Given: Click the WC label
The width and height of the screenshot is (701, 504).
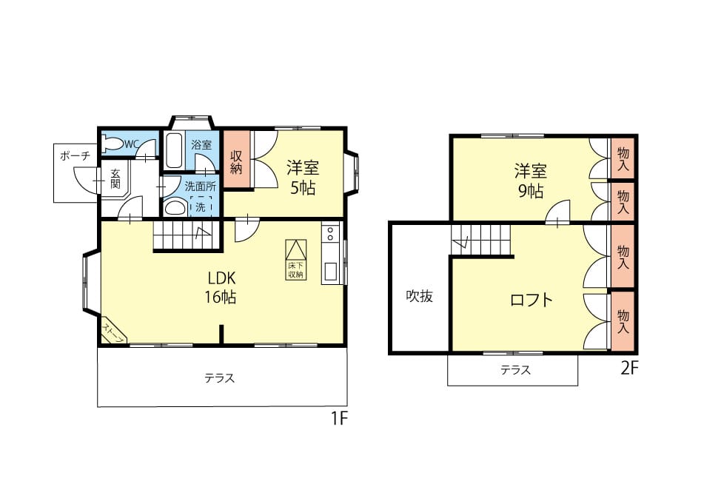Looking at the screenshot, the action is point(132,144).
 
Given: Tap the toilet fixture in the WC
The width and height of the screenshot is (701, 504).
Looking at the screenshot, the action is point(113,144).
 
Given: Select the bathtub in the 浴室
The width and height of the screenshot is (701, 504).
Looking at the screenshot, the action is point(173,150).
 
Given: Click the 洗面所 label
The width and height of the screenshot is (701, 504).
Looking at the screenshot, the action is point(201,187).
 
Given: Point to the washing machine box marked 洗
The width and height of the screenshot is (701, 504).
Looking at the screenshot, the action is point(201,206).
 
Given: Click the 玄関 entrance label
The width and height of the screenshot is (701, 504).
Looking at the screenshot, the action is point(115,178).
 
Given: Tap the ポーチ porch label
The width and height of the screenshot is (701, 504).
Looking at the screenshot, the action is point(75,156).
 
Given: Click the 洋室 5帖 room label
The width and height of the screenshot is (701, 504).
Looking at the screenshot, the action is point(303,178).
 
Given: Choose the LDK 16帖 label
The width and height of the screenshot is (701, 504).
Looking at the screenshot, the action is point(221,287).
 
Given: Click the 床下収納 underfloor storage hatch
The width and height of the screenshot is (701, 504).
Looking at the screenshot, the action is point(296,260).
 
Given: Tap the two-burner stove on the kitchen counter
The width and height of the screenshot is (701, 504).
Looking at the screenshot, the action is point(330,233).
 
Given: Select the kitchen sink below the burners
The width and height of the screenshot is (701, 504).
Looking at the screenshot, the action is point(331,271).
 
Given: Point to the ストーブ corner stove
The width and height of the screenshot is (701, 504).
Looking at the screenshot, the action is point(114,331).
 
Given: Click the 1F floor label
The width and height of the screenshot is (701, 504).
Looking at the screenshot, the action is point(339,419).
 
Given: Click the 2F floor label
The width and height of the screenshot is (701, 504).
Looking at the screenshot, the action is point(629,368).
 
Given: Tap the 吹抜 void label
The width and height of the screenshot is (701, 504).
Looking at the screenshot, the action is point(420,296).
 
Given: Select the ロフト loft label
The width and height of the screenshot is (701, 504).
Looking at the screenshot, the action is point(531,300).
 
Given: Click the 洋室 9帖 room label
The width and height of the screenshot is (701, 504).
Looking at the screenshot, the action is point(531,181).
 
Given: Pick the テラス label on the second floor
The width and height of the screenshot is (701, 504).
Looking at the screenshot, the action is point(515,370).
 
